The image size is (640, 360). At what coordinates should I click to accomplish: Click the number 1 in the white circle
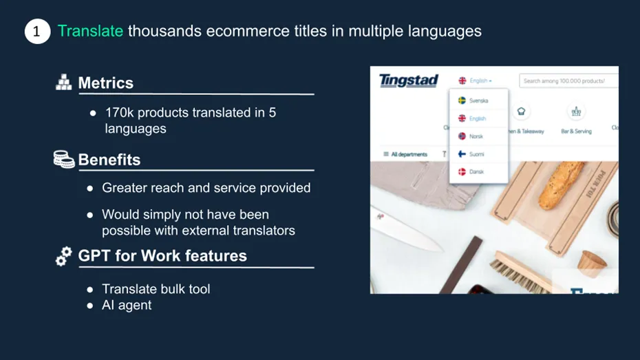pyautogui.click(x=37, y=32)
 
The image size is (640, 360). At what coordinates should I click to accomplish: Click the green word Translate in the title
pyautogui.click(x=90, y=31)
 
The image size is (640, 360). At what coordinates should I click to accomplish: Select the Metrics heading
pyautogui.click(x=105, y=83)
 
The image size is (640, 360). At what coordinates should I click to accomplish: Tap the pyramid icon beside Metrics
pyautogui.click(x=63, y=83)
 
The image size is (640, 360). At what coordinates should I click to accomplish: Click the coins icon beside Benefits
pyautogui.click(x=64, y=159)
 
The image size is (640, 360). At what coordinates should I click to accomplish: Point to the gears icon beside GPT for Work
pyautogui.click(x=63, y=256)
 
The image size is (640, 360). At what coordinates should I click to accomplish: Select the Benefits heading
pyautogui.click(x=109, y=160)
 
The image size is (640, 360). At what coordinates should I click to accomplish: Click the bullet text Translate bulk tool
pyautogui.click(x=156, y=289)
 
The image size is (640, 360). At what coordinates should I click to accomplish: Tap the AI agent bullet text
pyautogui.click(x=127, y=306)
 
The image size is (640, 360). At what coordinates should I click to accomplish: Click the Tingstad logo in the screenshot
pyautogui.click(x=409, y=81)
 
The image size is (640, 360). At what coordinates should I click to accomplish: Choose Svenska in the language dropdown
pyautogui.click(x=478, y=100)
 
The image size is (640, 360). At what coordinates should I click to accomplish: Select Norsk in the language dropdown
pyautogui.click(x=476, y=136)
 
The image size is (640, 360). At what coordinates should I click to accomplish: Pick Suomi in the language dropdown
pyautogui.click(x=476, y=154)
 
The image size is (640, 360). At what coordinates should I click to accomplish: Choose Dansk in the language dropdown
pyautogui.click(x=476, y=172)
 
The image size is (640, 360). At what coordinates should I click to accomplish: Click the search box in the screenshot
pyautogui.click(x=568, y=81)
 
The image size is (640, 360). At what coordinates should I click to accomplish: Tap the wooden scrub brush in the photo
pyautogui.click(x=524, y=271)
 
